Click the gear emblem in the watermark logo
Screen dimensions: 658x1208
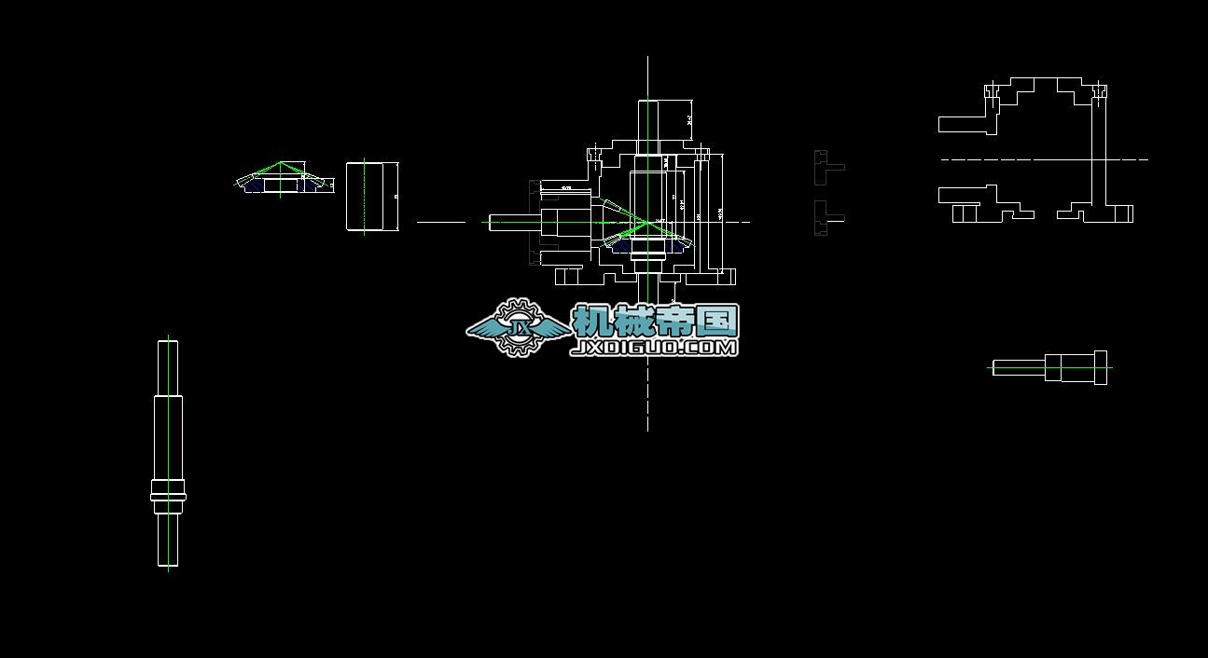pyautogui.click(x=519, y=327)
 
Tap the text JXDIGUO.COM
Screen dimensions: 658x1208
pyautogui.click(x=654, y=348)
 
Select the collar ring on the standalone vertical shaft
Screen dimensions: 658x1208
pyautogui.click(x=168, y=491)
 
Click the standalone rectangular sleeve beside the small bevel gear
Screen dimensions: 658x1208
pyautogui.click(x=372, y=197)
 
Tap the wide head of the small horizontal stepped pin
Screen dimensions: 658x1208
pyautogui.click(x=1100, y=366)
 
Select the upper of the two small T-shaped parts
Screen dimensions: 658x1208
pyautogui.click(x=825, y=167)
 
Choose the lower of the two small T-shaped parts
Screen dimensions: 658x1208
pyautogui.click(x=825, y=218)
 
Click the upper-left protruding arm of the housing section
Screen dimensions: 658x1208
pyautogui.click(x=962, y=124)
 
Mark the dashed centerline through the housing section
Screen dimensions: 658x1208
pyautogui.click(x=1045, y=159)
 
